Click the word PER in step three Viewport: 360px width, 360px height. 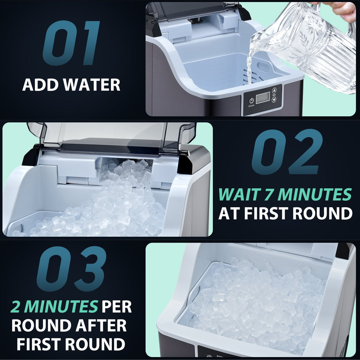pyautogui.click(x=117, y=307)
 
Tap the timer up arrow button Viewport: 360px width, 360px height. pyautogui.click(x=274, y=91)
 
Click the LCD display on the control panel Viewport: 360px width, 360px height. pyautogui.click(x=262, y=98)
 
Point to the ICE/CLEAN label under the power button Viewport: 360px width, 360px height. pyautogui.click(x=251, y=106)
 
